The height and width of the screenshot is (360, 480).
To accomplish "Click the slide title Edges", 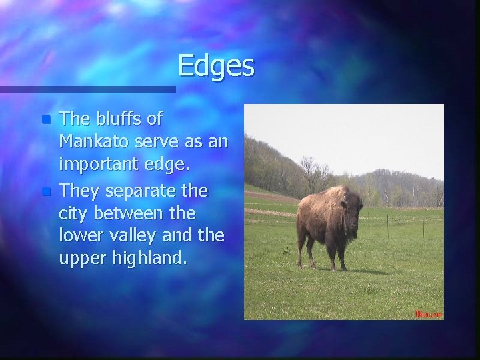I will [x=216, y=66].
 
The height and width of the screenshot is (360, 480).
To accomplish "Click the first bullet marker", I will [x=45, y=121].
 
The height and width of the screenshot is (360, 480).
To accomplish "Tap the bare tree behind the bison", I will [x=308, y=170].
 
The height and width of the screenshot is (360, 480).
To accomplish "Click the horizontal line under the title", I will [x=87, y=89].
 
